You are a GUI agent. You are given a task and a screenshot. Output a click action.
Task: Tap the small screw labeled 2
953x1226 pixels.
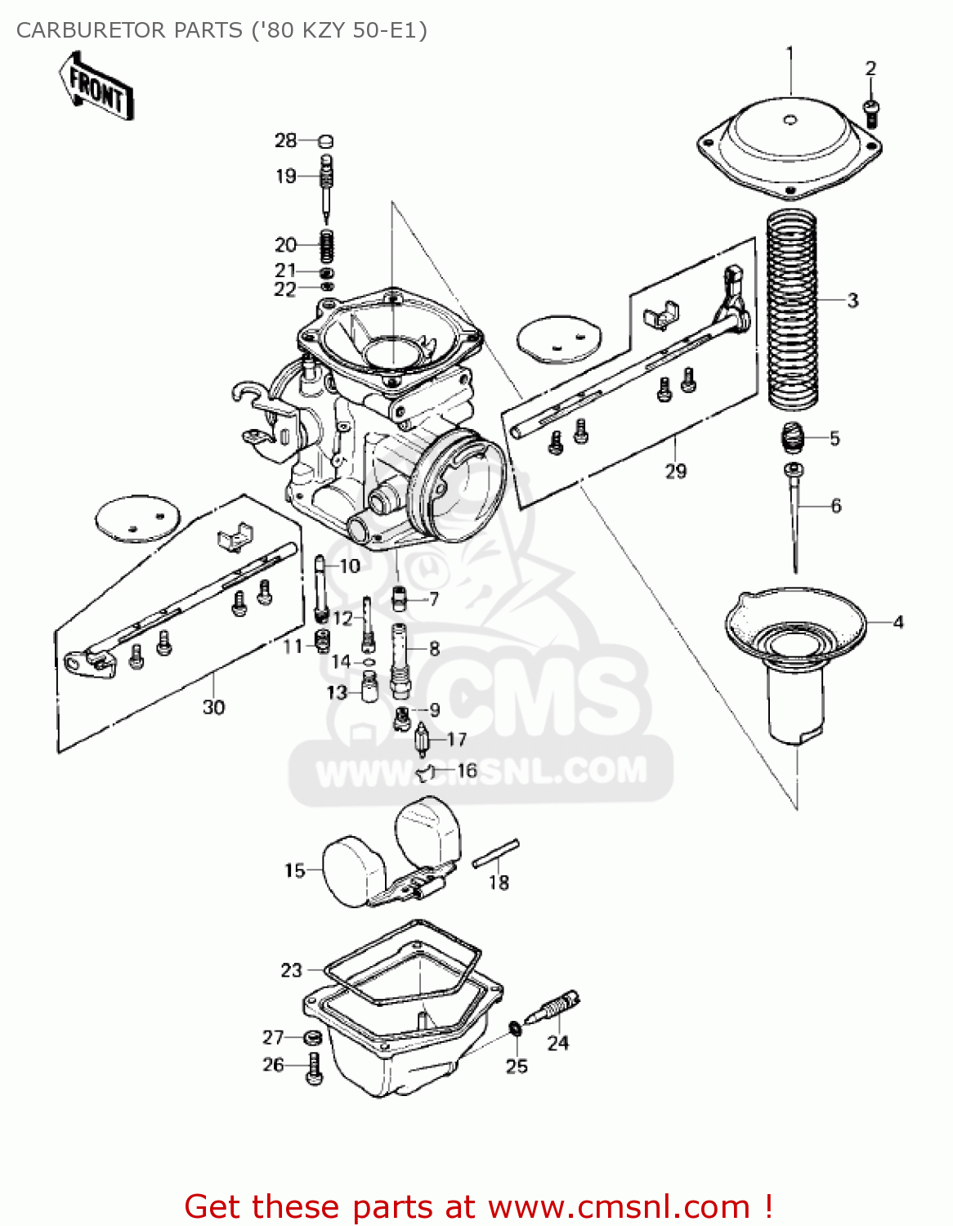click(871, 112)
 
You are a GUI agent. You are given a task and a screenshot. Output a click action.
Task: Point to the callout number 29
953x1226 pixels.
click(676, 472)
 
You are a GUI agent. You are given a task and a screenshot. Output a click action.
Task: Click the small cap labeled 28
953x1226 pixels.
click(324, 141)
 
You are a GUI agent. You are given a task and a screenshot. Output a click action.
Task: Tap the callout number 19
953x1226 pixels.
click(285, 176)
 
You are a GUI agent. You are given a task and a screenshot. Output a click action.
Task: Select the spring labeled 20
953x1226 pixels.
click(325, 244)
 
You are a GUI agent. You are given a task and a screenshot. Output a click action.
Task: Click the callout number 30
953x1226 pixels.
click(213, 707)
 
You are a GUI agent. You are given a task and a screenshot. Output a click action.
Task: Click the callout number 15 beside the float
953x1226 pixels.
click(294, 870)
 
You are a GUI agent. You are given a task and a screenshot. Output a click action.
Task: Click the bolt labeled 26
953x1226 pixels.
click(315, 1068)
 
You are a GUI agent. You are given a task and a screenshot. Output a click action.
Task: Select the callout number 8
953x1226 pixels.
click(434, 649)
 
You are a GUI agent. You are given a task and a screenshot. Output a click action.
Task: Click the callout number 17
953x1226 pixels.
click(456, 740)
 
